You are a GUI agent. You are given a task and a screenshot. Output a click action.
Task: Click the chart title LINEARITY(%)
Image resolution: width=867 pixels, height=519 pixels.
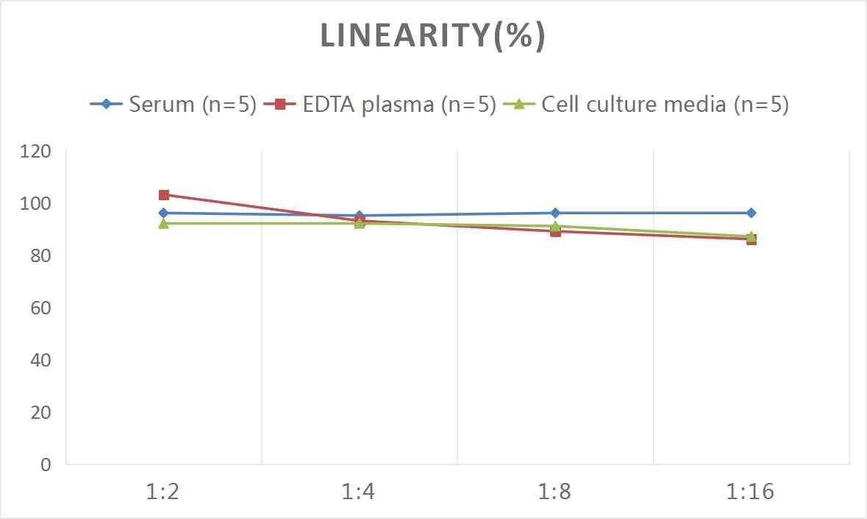pos(432,36)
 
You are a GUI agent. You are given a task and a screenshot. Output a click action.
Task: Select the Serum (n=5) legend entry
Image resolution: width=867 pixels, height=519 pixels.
pos(174,105)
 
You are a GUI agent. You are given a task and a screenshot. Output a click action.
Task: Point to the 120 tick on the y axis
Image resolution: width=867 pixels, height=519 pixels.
pos(36,152)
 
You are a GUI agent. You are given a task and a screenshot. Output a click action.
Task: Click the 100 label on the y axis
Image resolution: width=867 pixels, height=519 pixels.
pos(36,204)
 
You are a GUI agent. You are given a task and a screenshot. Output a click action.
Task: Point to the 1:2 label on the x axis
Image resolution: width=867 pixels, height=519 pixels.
pos(163,492)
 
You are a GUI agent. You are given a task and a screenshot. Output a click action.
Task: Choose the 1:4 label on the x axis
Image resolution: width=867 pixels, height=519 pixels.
pos(359,492)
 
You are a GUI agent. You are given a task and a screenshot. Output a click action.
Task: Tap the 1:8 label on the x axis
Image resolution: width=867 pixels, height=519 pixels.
pos(555,492)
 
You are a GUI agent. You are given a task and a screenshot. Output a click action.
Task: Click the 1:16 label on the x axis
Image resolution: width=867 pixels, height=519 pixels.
pos(750,492)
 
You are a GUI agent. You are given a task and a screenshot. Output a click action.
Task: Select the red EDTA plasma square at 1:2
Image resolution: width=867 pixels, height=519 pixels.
pos(164,195)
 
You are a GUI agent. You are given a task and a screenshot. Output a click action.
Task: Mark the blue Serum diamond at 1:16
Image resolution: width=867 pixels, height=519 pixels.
pos(751,213)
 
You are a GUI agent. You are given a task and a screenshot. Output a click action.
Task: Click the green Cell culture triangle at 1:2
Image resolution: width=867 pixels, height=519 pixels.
pos(164,223)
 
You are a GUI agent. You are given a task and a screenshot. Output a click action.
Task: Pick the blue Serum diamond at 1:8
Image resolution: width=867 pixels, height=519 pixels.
pos(555,213)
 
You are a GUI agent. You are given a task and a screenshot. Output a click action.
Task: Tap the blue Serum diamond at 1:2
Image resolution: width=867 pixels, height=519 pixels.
pos(164,213)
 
